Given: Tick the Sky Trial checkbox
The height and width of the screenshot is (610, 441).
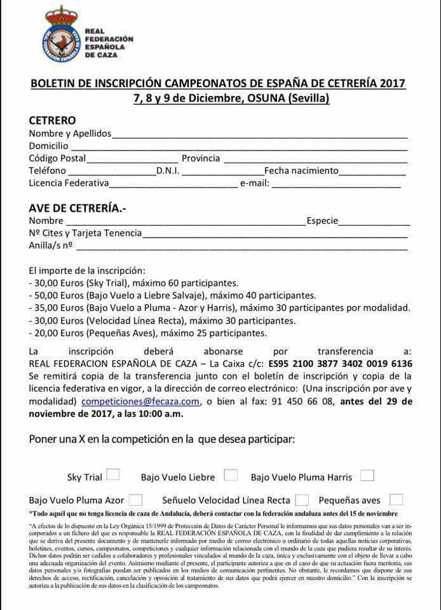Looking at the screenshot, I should pos(113,475).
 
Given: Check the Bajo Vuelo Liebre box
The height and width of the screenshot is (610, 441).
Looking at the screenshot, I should pos(231,475).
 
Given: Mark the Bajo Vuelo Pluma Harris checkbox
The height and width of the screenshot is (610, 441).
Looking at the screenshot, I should pos(367,475).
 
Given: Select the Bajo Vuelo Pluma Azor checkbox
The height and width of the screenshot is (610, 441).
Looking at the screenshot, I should pos(135,500).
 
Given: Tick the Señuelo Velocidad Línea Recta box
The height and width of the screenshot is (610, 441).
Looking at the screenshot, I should pos(302,500).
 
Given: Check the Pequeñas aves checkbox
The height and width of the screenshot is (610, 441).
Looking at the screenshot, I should pos(396,500).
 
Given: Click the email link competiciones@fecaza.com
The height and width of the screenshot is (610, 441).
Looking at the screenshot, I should pos(140,402).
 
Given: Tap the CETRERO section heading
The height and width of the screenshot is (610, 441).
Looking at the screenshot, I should pos(52,120).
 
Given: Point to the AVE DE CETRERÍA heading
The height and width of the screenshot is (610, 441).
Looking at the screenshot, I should pos(78,207).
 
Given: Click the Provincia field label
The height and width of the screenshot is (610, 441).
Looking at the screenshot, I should pos(201,158).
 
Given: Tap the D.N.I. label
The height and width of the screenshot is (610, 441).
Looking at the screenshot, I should pos(168,171).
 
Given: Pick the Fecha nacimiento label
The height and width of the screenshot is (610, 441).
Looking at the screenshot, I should pos(301,171).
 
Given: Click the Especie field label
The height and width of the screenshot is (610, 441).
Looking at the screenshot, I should pos(322,221).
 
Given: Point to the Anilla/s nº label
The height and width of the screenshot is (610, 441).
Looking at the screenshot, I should pos(51,245).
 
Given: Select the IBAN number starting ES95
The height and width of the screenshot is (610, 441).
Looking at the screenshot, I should pos(341,364).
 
